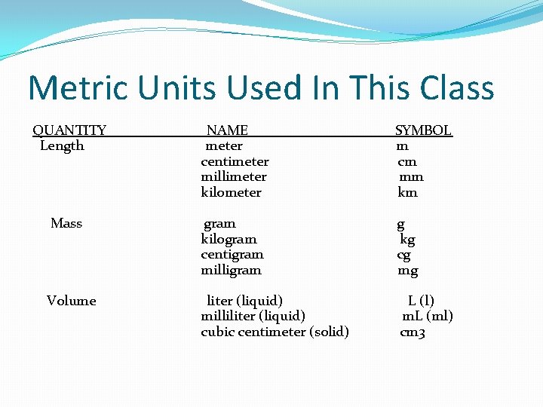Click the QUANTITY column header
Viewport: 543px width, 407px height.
[x=69, y=130]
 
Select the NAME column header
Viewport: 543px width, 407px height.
[x=227, y=130]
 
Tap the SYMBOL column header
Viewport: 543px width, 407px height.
[x=423, y=130]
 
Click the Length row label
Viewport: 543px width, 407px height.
[x=62, y=146]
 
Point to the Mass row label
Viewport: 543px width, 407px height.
[x=66, y=223]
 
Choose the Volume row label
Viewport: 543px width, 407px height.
[x=72, y=301]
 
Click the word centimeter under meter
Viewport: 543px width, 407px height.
[x=235, y=161]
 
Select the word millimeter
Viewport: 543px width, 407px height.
[x=234, y=176]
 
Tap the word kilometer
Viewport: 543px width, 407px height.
[x=231, y=192]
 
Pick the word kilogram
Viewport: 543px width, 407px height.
[x=229, y=239]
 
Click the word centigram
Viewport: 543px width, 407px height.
[x=232, y=254]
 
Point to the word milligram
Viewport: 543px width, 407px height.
[x=231, y=270]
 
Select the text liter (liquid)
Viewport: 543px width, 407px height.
[x=244, y=301]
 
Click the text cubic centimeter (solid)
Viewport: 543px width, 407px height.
[x=275, y=332]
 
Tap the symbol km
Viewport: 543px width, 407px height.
[x=407, y=192]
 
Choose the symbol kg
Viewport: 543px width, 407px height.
[x=407, y=240]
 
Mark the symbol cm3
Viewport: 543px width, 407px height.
[x=413, y=332]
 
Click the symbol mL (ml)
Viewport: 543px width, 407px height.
[x=427, y=316]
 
